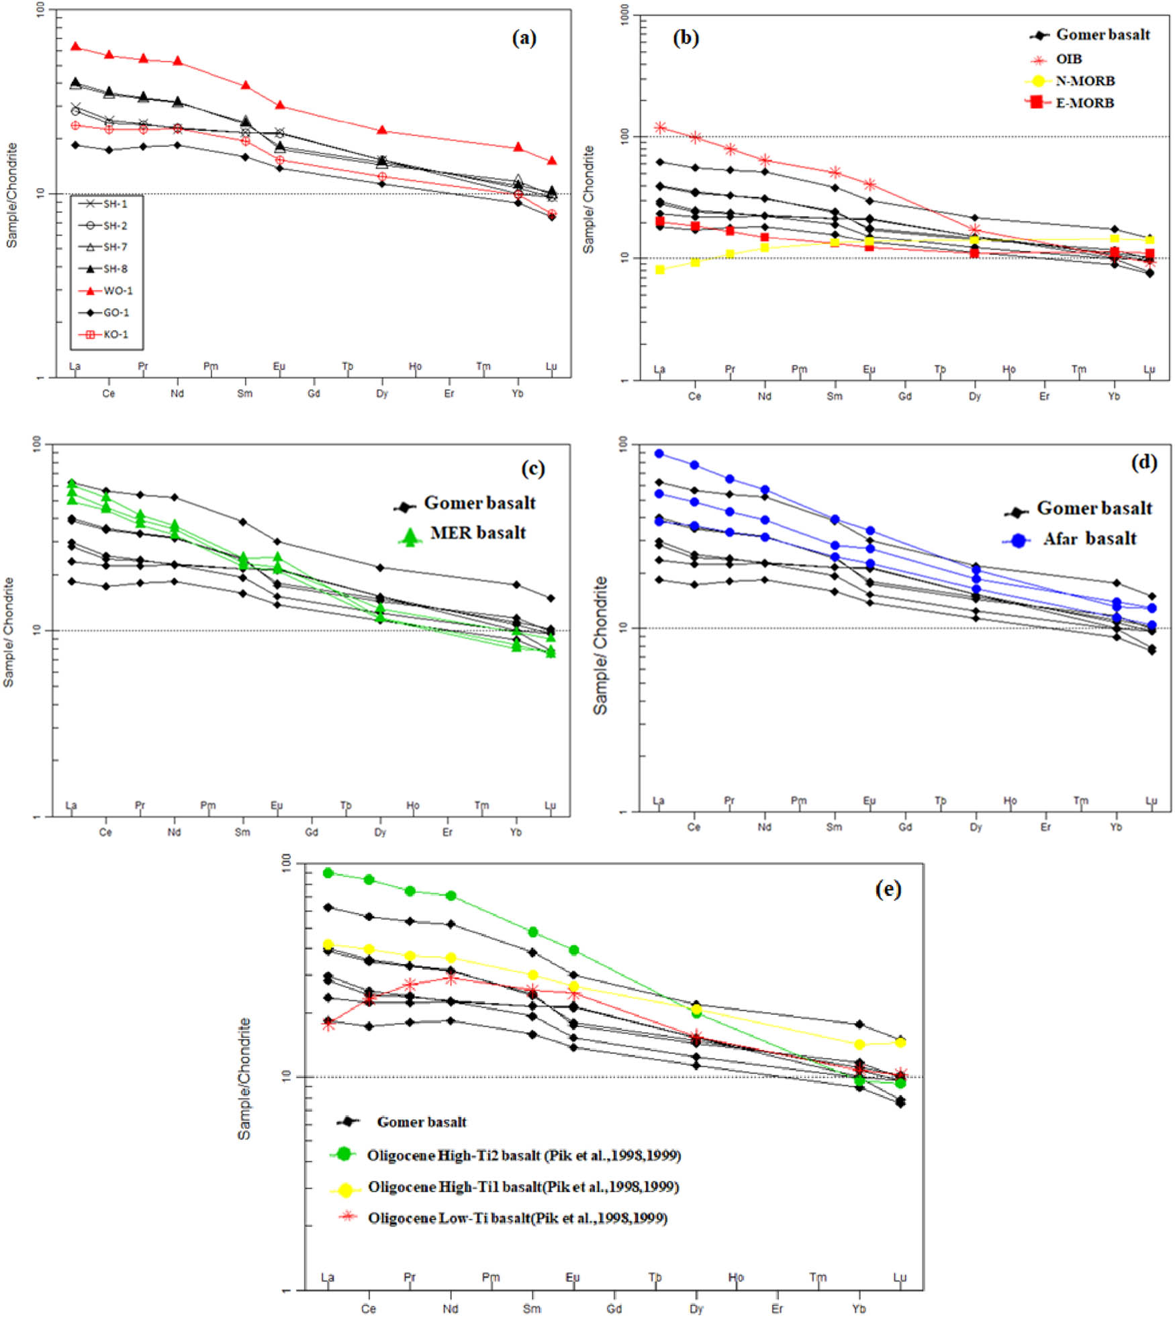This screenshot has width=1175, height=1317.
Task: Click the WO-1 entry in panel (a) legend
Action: [x=117, y=291]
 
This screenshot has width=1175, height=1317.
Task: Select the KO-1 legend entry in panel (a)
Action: [x=115, y=334]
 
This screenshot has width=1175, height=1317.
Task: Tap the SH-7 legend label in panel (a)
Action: [x=115, y=247]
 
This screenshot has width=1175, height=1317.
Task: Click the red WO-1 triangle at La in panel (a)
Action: [x=75, y=46]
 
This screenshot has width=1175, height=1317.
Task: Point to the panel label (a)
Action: [x=524, y=38]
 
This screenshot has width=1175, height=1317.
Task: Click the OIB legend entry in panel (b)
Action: [x=1069, y=59]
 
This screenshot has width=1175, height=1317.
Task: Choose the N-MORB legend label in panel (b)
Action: [x=1085, y=81]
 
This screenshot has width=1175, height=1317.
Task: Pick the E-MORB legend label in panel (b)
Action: [x=1085, y=103]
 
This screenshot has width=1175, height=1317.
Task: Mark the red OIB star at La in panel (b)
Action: [x=660, y=128]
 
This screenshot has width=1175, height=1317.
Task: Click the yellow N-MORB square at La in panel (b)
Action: [x=660, y=270]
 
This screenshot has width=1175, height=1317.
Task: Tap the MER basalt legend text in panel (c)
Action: [x=478, y=533]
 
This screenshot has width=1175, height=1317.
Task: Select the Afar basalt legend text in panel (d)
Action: [x=1089, y=539]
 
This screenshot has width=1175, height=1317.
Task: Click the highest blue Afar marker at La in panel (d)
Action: [x=659, y=454]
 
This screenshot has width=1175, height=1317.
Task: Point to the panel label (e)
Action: [x=888, y=889]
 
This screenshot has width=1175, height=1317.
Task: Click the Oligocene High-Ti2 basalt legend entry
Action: [x=524, y=1155]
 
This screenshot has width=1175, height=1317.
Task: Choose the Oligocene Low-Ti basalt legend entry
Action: [x=517, y=1218]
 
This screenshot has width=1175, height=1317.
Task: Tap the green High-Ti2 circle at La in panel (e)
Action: [x=328, y=873]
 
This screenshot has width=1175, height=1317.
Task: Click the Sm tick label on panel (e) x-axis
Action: [x=532, y=1308]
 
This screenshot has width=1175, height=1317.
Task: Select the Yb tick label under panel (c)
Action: [x=516, y=832]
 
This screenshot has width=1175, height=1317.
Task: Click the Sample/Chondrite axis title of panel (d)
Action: [x=600, y=645]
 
